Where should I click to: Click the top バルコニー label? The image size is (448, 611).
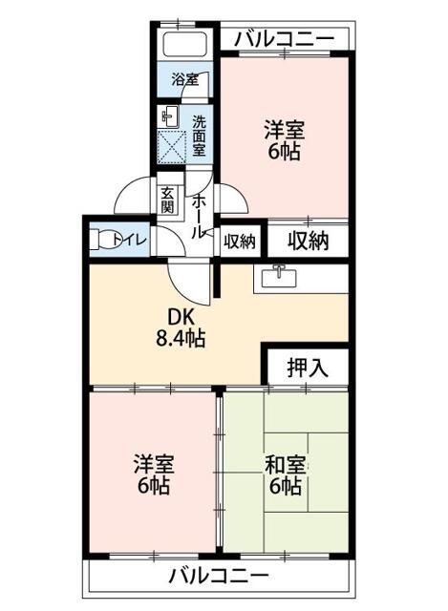pos(284,38)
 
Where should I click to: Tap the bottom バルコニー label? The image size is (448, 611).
pos(219,576)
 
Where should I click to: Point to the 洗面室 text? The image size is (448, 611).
pos(199,135)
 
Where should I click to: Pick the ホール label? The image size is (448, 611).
pos(198,216)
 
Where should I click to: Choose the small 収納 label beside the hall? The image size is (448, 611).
pos(240,241)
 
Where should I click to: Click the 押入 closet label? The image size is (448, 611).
pos(306,368)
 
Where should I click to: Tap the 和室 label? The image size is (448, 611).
pos(285,465)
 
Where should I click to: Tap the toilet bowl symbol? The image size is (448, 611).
pos(100,240)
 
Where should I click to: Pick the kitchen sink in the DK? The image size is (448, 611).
pos(278,276)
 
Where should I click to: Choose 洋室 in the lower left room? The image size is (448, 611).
pos(153,465)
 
